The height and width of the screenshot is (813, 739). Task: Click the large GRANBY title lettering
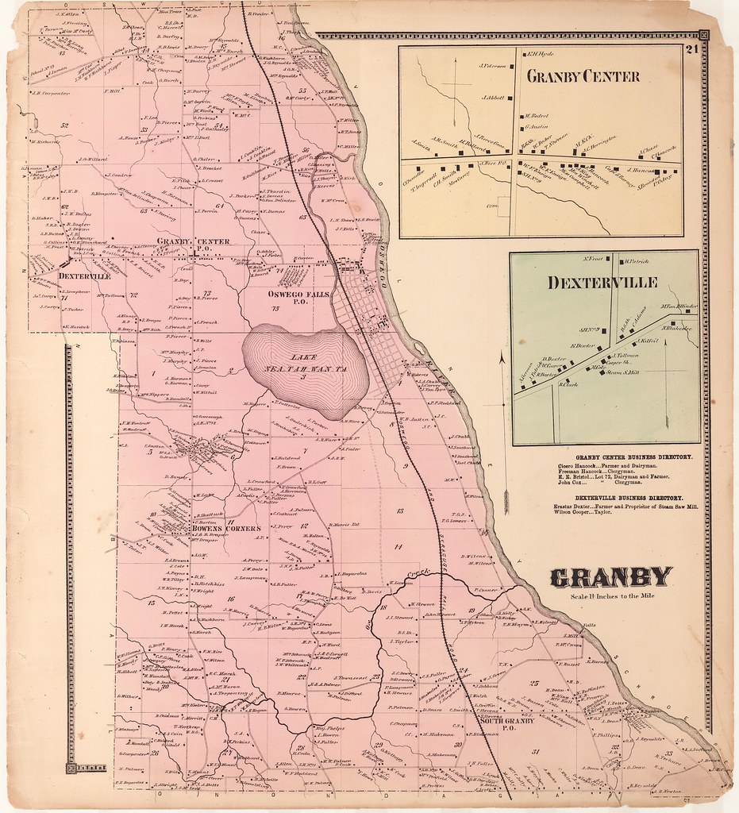[x=611, y=578]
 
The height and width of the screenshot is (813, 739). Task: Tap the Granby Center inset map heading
[x=583, y=77]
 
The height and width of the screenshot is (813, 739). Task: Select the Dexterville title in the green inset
[x=601, y=283]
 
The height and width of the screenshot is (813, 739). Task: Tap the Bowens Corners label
[x=225, y=528]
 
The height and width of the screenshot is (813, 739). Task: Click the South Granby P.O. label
[x=508, y=725]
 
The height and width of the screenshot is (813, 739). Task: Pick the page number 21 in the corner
[x=691, y=50]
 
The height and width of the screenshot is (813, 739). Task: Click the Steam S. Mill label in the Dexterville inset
[x=624, y=372]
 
